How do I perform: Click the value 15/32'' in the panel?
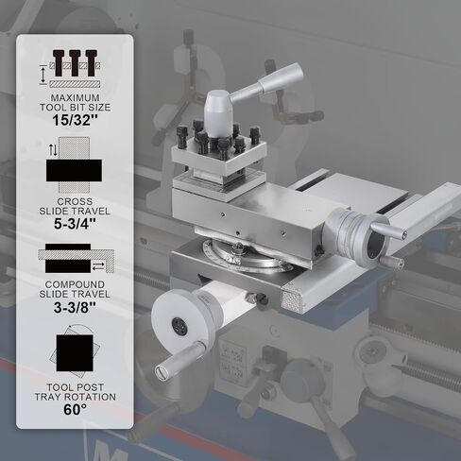[76, 120]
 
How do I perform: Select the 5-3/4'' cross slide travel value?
[75, 224]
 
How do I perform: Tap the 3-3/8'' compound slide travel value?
[75, 307]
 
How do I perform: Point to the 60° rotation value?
[75, 410]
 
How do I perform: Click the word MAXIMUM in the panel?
[76, 97]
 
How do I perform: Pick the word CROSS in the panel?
[75, 201]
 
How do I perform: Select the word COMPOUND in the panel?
[75, 284]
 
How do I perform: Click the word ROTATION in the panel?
[92, 397]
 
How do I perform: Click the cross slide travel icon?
[75, 164]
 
